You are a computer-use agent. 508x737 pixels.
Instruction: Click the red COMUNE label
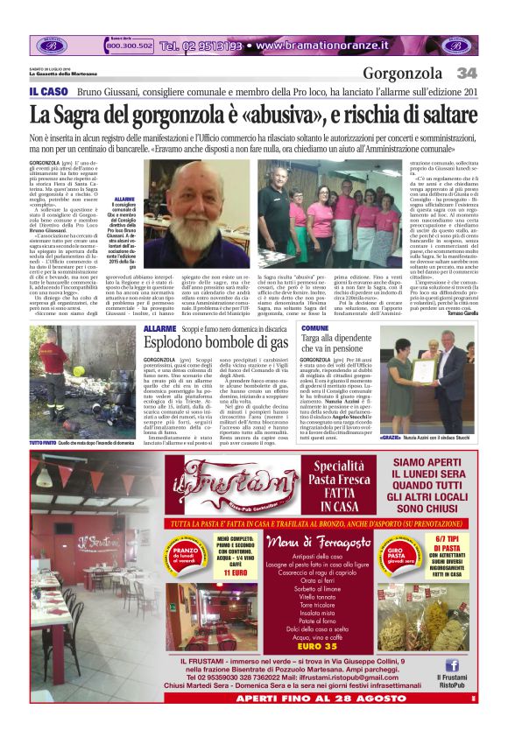tap(315, 327)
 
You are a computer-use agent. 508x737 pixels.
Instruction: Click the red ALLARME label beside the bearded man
tap(124, 200)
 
